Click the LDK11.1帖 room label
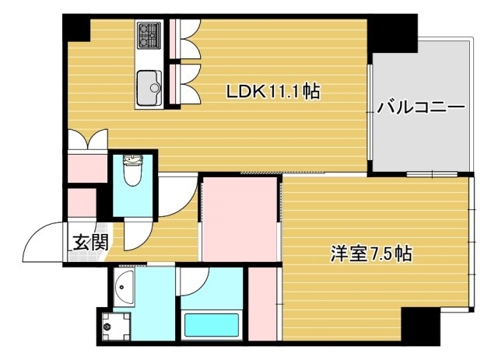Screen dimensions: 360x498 pyautogui.click(x=272, y=93)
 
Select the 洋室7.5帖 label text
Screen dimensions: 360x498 pyautogui.click(x=370, y=253)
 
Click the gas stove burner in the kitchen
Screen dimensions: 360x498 pyautogui.click(x=149, y=34)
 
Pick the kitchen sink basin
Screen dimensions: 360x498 pyautogui.click(x=147, y=84)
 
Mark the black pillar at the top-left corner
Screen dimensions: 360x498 pyautogui.click(x=76, y=28)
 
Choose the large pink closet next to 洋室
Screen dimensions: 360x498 pyautogui.click(x=240, y=220)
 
